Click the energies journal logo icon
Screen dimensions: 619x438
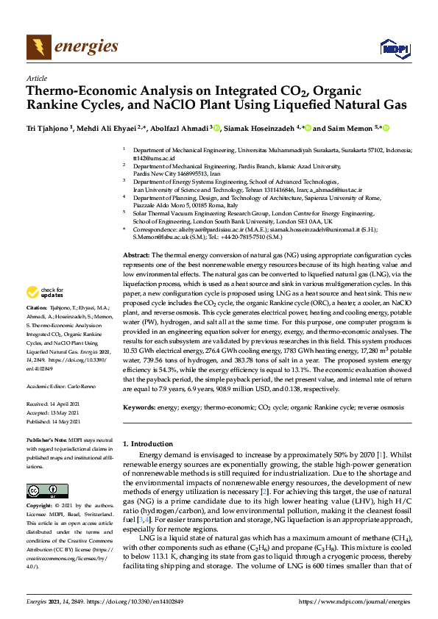click(x=34, y=48)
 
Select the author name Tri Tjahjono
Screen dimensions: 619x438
click(x=47, y=127)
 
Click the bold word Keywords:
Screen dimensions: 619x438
click(x=140, y=407)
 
